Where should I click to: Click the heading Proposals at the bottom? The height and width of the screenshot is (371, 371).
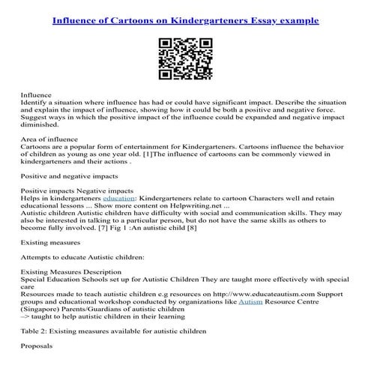click(x=37, y=347)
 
